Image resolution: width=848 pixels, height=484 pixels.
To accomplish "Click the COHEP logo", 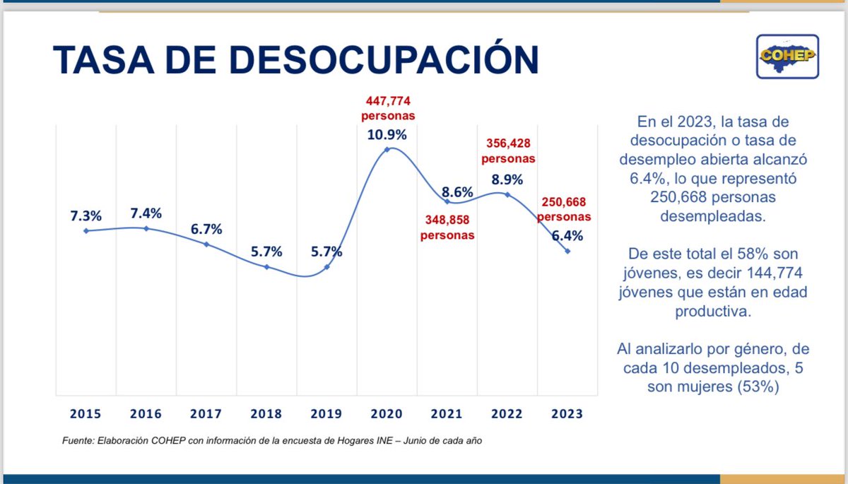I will pos(787,56).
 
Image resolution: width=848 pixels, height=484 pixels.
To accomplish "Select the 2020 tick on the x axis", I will pos(388,414).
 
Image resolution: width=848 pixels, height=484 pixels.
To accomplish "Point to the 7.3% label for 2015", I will pos(86,213).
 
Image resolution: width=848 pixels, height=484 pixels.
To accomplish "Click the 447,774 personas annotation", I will pos(388,107).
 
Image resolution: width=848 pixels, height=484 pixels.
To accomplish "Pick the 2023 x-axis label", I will pos(567,414).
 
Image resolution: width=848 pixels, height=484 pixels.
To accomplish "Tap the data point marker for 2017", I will pos(206,244).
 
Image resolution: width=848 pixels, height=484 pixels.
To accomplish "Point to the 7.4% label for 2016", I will pos(146,212).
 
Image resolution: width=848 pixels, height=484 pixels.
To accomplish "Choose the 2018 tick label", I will pos(267,414).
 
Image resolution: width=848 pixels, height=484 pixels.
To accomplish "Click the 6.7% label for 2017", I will pos(207,228).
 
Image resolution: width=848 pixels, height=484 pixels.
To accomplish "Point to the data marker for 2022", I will pos(507,194).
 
